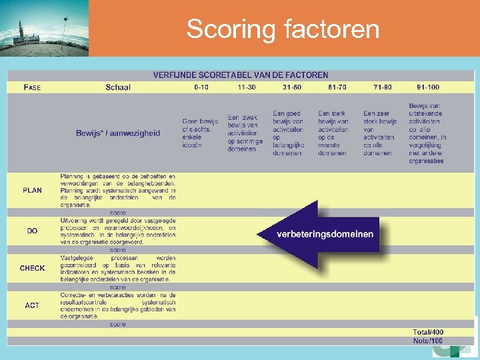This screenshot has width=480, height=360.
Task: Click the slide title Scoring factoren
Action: click(283, 29)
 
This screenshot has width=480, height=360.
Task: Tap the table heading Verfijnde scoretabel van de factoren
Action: click(241, 75)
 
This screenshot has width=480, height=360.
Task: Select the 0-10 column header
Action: click(201, 87)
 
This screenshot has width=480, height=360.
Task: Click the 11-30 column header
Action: click(247, 87)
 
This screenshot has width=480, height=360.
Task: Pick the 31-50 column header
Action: click(291, 87)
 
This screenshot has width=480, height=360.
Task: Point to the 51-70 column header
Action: click(337, 87)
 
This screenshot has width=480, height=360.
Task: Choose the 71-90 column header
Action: click(383, 87)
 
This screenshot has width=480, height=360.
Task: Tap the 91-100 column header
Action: click(427, 87)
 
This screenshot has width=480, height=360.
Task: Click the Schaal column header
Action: click(118, 87)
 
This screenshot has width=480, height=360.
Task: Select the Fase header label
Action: click(32, 87)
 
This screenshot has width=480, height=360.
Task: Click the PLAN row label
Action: click(32, 191)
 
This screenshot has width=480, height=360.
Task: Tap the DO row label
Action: click(32, 231)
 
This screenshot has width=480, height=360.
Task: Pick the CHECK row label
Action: click(32, 268)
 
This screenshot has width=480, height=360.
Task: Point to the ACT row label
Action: click(32, 305)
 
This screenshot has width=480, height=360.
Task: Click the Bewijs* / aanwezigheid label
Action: click(118, 133)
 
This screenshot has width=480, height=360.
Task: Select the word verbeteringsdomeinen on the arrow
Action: click(325, 234)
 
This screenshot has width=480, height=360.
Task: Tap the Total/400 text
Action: click(428, 332)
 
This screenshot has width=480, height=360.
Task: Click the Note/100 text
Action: click(428, 341)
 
